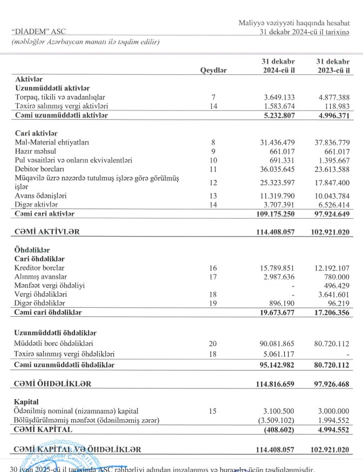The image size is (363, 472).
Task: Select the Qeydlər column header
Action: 214,70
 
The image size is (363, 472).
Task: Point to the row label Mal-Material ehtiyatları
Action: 52,142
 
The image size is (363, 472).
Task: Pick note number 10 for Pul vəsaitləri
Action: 214,161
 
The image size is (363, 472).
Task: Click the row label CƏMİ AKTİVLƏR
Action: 48,232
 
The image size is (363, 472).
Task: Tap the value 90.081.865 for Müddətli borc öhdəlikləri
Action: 276,343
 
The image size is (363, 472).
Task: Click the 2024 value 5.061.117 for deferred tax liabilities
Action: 278,354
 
